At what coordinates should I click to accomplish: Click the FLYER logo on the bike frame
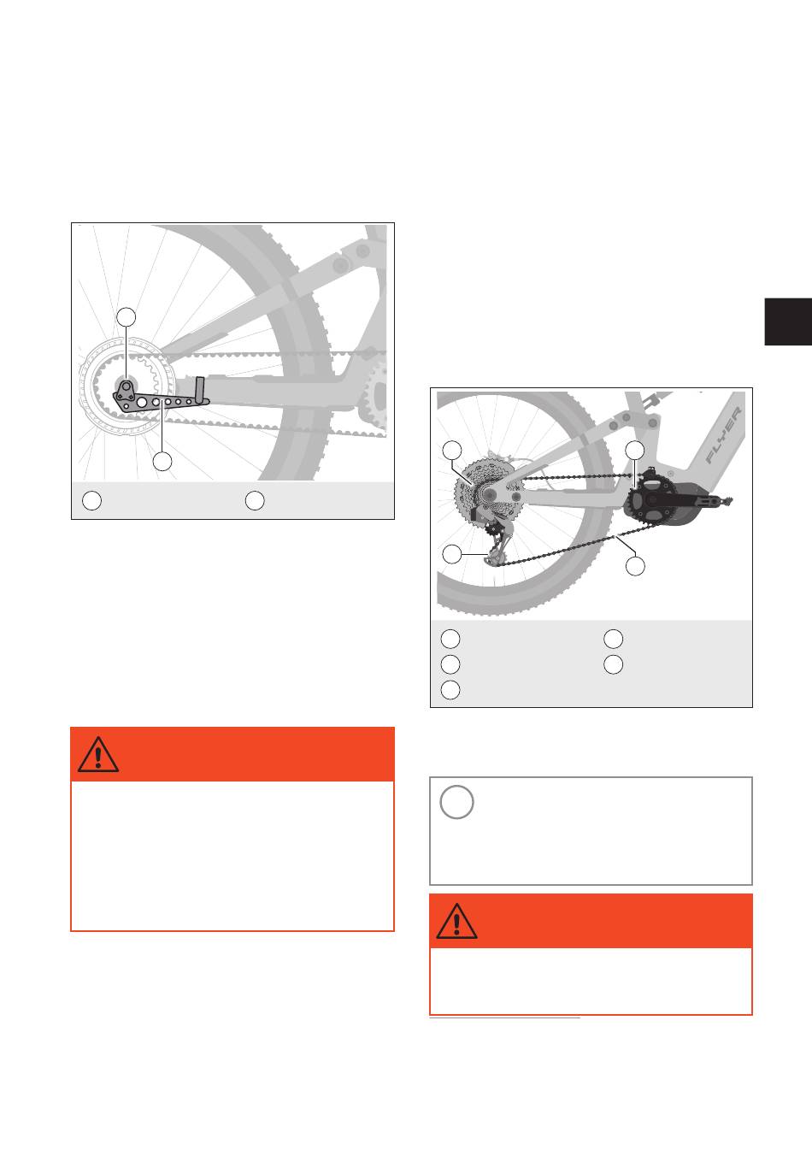[x=723, y=434]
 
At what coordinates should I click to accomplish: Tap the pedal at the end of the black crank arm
[x=727, y=499]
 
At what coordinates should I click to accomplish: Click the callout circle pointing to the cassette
[x=452, y=450]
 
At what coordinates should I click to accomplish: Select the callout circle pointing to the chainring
[x=635, y=450]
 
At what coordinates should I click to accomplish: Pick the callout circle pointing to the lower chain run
[x=635, y=566]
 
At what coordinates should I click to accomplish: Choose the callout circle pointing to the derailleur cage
[x=452, y=554]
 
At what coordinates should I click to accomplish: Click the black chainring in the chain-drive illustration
[x=650, y=498]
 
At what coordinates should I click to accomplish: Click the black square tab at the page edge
[x=788, y=321]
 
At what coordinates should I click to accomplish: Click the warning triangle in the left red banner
[x=98, y=754]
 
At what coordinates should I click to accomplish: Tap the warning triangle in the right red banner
[x=456, y=921]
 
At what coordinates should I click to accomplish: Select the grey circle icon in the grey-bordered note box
[x=456, y=802]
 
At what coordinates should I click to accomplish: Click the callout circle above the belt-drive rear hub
[x=126, y=317]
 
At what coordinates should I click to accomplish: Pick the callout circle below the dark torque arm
[x=162, y=462]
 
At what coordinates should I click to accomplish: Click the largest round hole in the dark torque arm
[x=141, y=402]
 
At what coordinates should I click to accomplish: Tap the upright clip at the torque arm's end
[x=200, y=390]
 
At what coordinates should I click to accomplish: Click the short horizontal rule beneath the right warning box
[x=504, y=1018]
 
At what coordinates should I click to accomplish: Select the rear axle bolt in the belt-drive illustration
[x=126, y=385]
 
